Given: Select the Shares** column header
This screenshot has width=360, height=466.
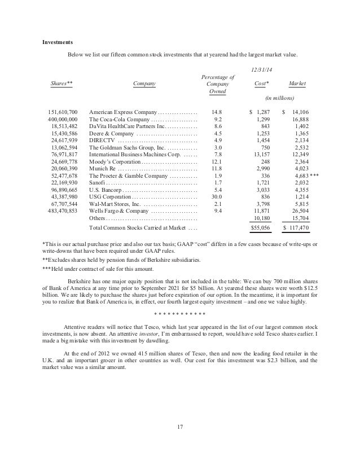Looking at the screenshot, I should click(x=62, y=83).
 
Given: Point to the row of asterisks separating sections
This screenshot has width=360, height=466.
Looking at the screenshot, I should click(x=179, y=314).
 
